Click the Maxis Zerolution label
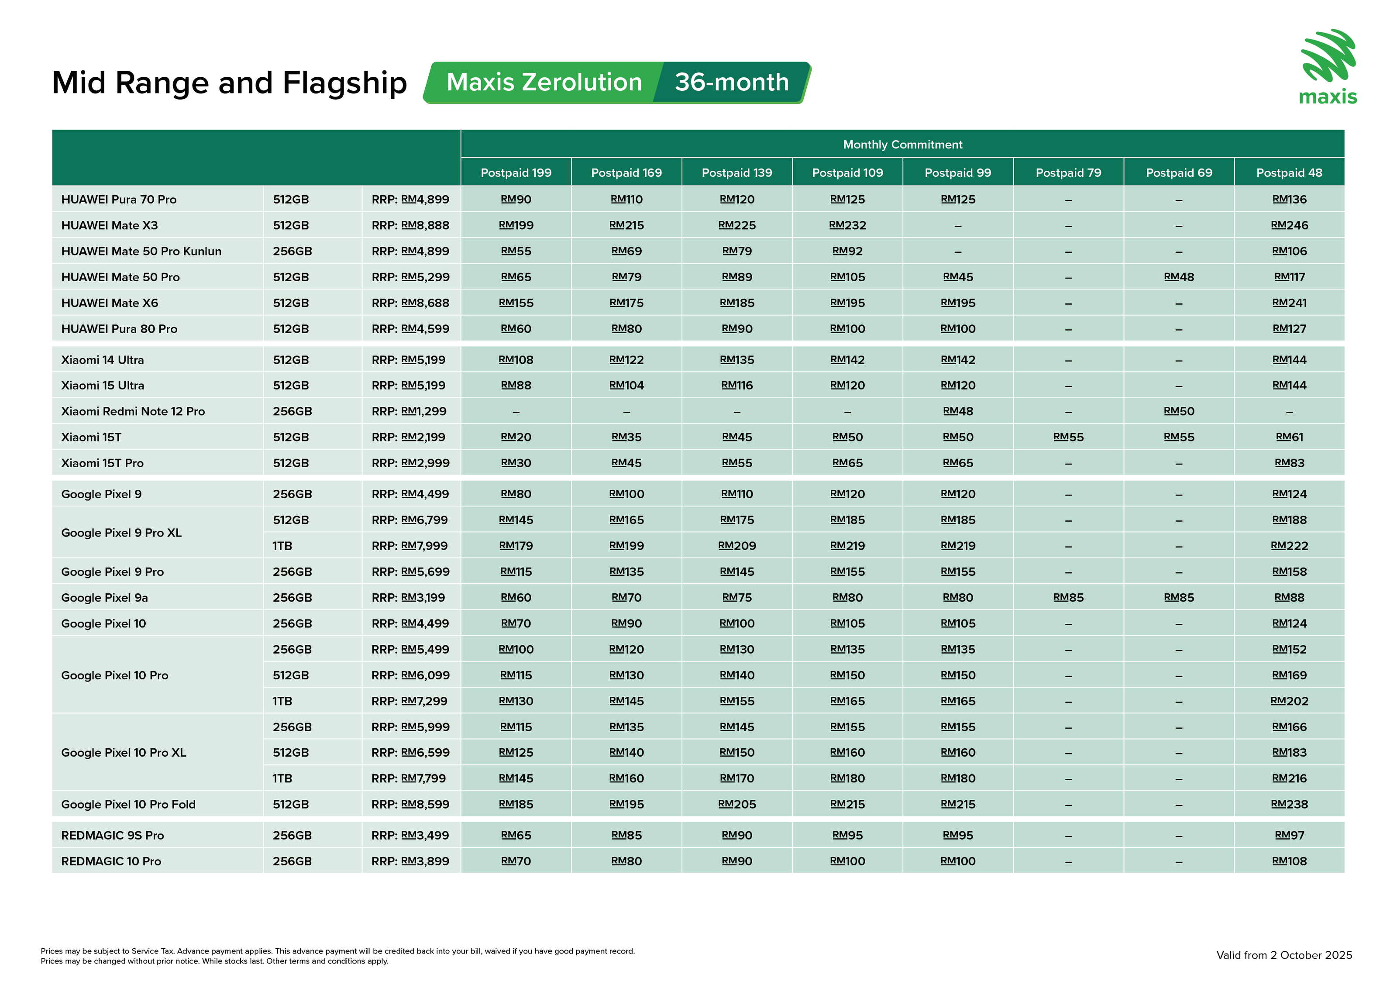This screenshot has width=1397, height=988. tap(544, 82)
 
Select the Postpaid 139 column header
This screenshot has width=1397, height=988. tap(737, 173)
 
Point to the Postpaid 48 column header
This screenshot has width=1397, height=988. tap(1289, 173)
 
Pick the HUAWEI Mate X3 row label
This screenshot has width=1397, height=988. tap(110, 226)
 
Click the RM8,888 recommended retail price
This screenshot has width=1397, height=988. tap(425, 226)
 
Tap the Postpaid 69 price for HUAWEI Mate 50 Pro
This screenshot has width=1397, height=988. tap(1179, 277)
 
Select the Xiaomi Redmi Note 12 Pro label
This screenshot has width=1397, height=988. tap(133, 412)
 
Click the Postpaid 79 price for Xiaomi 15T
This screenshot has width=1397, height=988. tap(1068, 437)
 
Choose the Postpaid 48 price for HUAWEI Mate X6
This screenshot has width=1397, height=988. tap(1289, 303)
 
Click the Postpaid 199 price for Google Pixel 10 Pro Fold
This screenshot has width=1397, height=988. tap(516, 804)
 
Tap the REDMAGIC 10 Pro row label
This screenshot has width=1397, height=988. tap(111, 861)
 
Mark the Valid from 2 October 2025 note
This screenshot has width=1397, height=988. tap(1284, 955)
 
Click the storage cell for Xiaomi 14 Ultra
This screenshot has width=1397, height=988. tap(291, 360)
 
